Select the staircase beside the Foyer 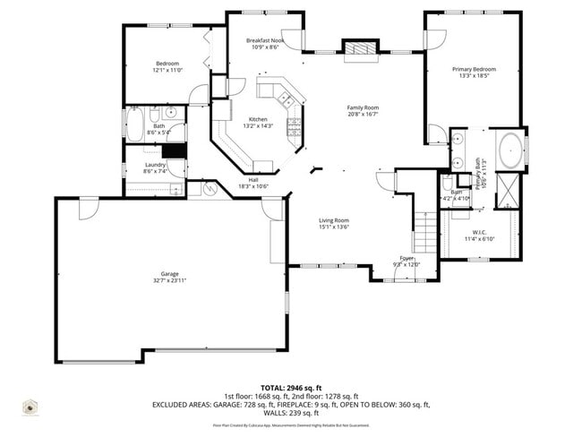(426, 234)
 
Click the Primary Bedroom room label (474, 69)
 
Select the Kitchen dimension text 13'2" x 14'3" (258, 126)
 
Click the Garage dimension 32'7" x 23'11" (169, 280)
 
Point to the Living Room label (334, 220)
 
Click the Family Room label (363, 107)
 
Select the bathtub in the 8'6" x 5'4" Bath (134, 124)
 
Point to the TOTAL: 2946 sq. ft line (291, 385)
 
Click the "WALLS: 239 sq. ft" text (291, 413)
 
